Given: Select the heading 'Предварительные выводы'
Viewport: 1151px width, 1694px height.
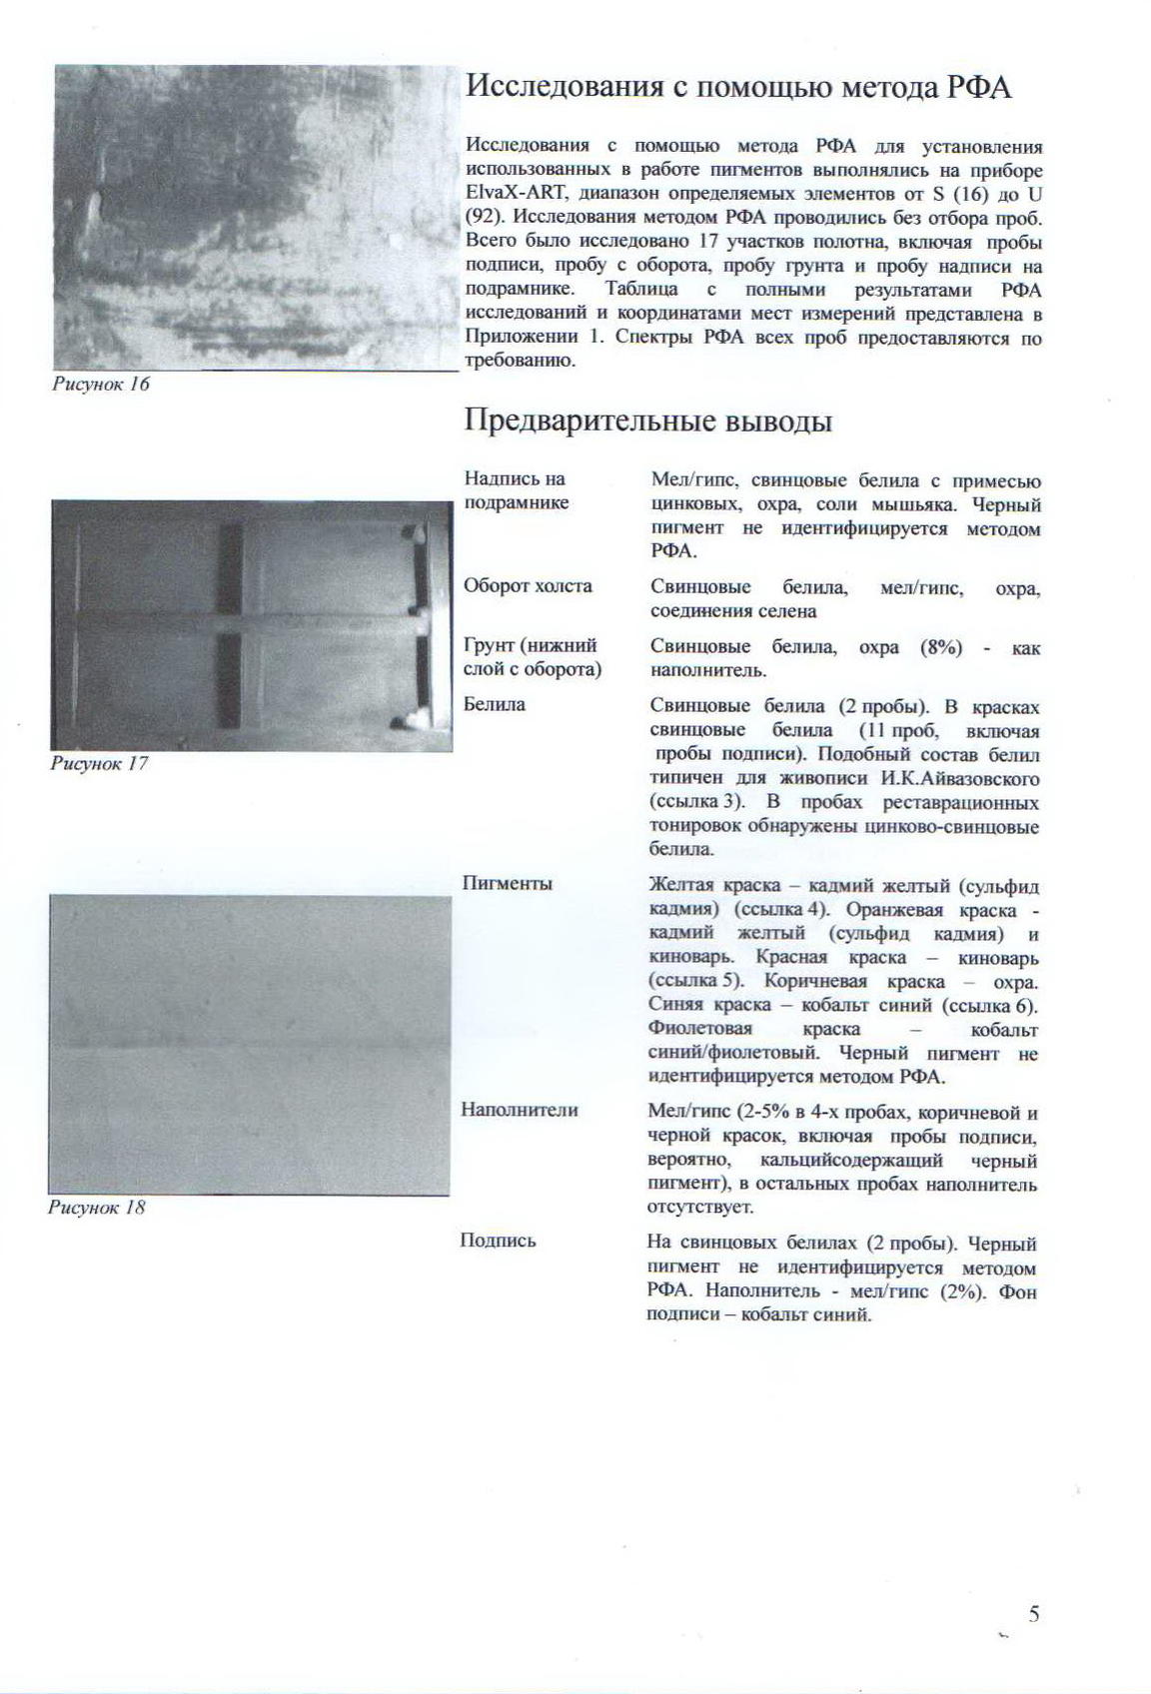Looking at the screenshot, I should [648, 421].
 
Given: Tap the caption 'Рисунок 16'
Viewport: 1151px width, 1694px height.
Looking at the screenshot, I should [100, 385].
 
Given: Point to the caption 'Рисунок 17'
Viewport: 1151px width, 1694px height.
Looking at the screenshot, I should [99, 764].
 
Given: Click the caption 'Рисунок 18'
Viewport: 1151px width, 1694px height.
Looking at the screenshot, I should [97, 1208].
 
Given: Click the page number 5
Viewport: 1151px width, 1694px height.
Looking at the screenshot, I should [1034, 1613].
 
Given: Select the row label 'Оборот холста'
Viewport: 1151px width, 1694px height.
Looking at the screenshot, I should [528, 586].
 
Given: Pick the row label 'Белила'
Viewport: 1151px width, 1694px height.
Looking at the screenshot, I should [495, 704].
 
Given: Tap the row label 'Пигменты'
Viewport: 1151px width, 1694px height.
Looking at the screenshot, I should [508, 884].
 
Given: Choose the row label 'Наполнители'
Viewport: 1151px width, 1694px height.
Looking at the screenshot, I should [520, 1110].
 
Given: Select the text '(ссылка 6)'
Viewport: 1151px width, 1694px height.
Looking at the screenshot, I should [994, 1006].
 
